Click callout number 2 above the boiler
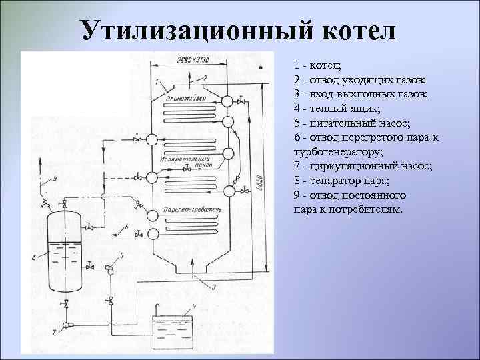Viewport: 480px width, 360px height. (205, 78)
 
